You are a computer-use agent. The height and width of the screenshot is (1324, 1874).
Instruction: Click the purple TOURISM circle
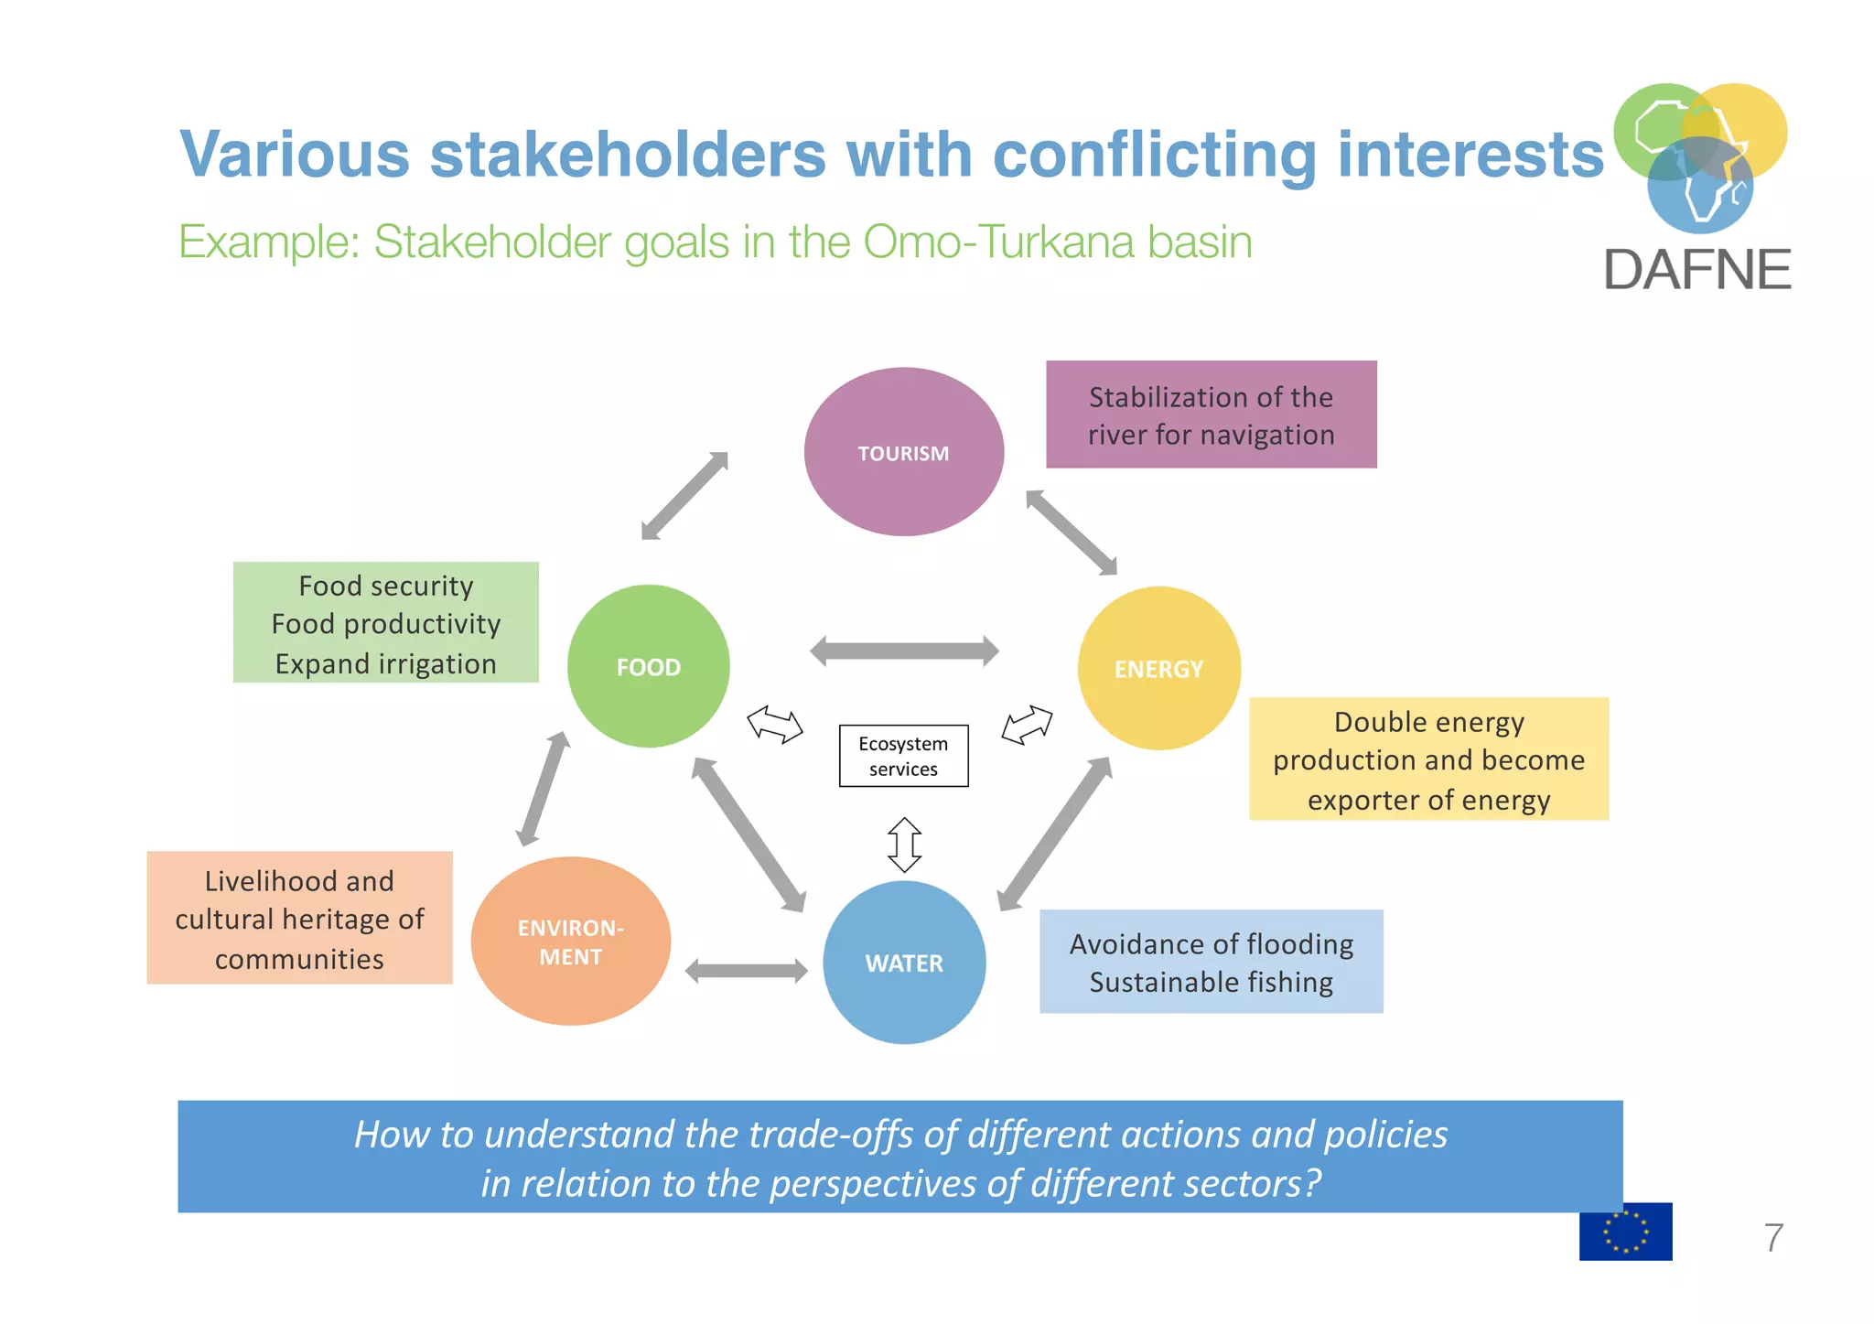point(903,452)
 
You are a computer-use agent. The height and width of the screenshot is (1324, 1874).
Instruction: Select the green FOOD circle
point(648,666)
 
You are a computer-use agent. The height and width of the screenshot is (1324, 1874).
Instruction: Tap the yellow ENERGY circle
point(1158,668)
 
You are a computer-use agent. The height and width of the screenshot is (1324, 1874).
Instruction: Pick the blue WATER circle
point(904,963)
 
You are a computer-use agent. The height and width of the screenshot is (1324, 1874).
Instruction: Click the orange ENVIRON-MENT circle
point(570,942)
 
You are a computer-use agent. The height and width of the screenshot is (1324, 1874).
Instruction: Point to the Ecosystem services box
point(903,756)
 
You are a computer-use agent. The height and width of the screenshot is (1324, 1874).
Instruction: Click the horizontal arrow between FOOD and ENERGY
point(904,651)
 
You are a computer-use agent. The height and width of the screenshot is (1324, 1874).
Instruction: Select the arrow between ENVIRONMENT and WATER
point(746,971)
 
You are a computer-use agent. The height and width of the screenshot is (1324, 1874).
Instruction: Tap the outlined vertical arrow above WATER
point(904,845)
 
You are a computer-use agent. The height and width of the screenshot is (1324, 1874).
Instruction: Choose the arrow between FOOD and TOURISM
point(684,496)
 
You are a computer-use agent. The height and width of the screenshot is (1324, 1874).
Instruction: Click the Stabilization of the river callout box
point(1211,414)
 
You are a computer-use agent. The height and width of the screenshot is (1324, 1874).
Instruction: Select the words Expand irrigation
point(385,663)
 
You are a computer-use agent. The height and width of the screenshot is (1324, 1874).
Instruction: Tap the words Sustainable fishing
point(1211,982)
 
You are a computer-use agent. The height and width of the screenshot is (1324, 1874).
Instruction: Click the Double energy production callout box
point(1427,759)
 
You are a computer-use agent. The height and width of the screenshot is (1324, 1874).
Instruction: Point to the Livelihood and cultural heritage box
point(299,918)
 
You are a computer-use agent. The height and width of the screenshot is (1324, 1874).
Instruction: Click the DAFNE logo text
point(1696,270)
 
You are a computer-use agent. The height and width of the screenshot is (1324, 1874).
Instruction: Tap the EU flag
point(1625,1232)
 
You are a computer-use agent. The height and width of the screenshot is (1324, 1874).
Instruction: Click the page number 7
point(1772,1238)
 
